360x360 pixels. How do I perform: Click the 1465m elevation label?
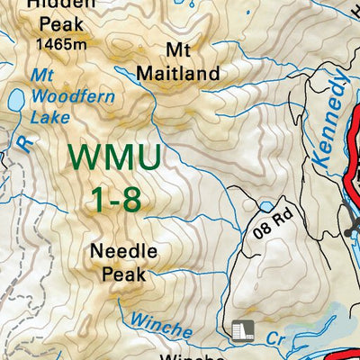tap(61, 42)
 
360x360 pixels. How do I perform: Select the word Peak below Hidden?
tap(55, 25)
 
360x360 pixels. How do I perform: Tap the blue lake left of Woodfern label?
tap(14, 101)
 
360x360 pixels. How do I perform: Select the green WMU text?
tap(115, 159)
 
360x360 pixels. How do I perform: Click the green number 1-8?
tap(115, 200)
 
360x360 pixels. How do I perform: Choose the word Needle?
tap(124, 251)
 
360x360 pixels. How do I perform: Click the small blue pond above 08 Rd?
tap(266, 206)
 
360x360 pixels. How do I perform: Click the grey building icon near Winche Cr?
tap(241, 330)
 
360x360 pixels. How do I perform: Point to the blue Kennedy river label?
tap(329, 119)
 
